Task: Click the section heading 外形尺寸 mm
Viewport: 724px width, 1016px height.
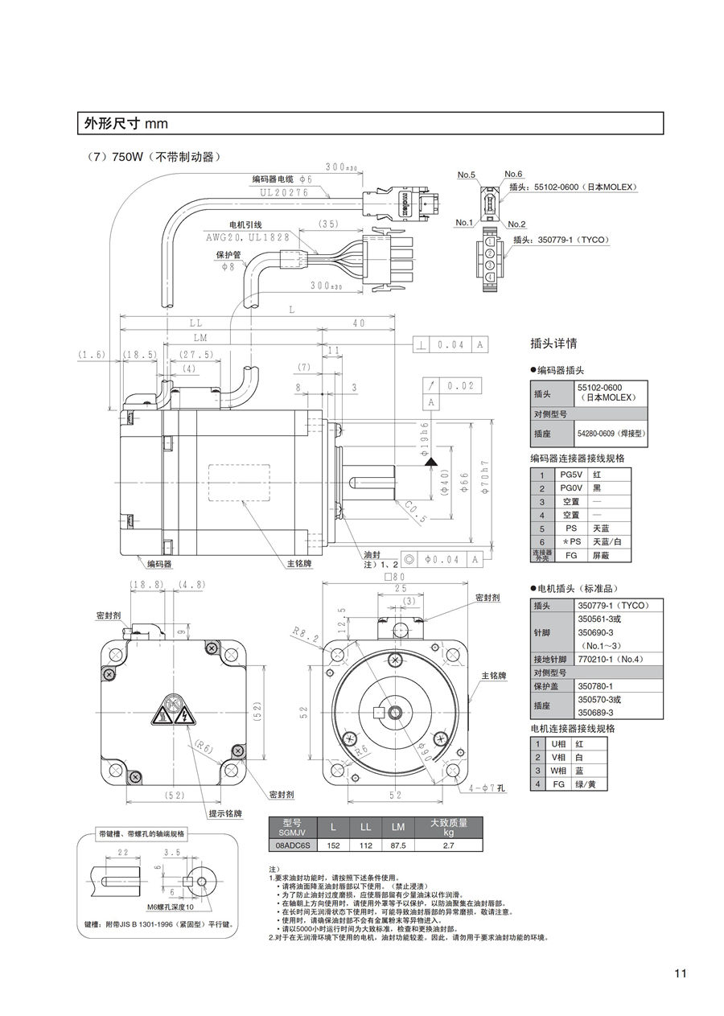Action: [125, 123]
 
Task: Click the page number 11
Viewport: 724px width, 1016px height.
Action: [680, 973]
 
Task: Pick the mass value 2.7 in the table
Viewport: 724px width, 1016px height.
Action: [448, 845]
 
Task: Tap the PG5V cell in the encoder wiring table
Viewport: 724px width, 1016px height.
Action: [570, 474]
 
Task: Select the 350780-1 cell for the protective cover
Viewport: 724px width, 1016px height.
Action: [595, 686]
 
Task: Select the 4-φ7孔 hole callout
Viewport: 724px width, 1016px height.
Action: [487, 788]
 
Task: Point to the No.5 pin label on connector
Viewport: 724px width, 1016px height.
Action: [467, 175]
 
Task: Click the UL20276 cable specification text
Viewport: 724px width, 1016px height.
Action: [285, 192]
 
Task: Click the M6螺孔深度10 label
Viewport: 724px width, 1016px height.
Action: [165, 906]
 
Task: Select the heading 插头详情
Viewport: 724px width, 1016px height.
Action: [554, 343]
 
